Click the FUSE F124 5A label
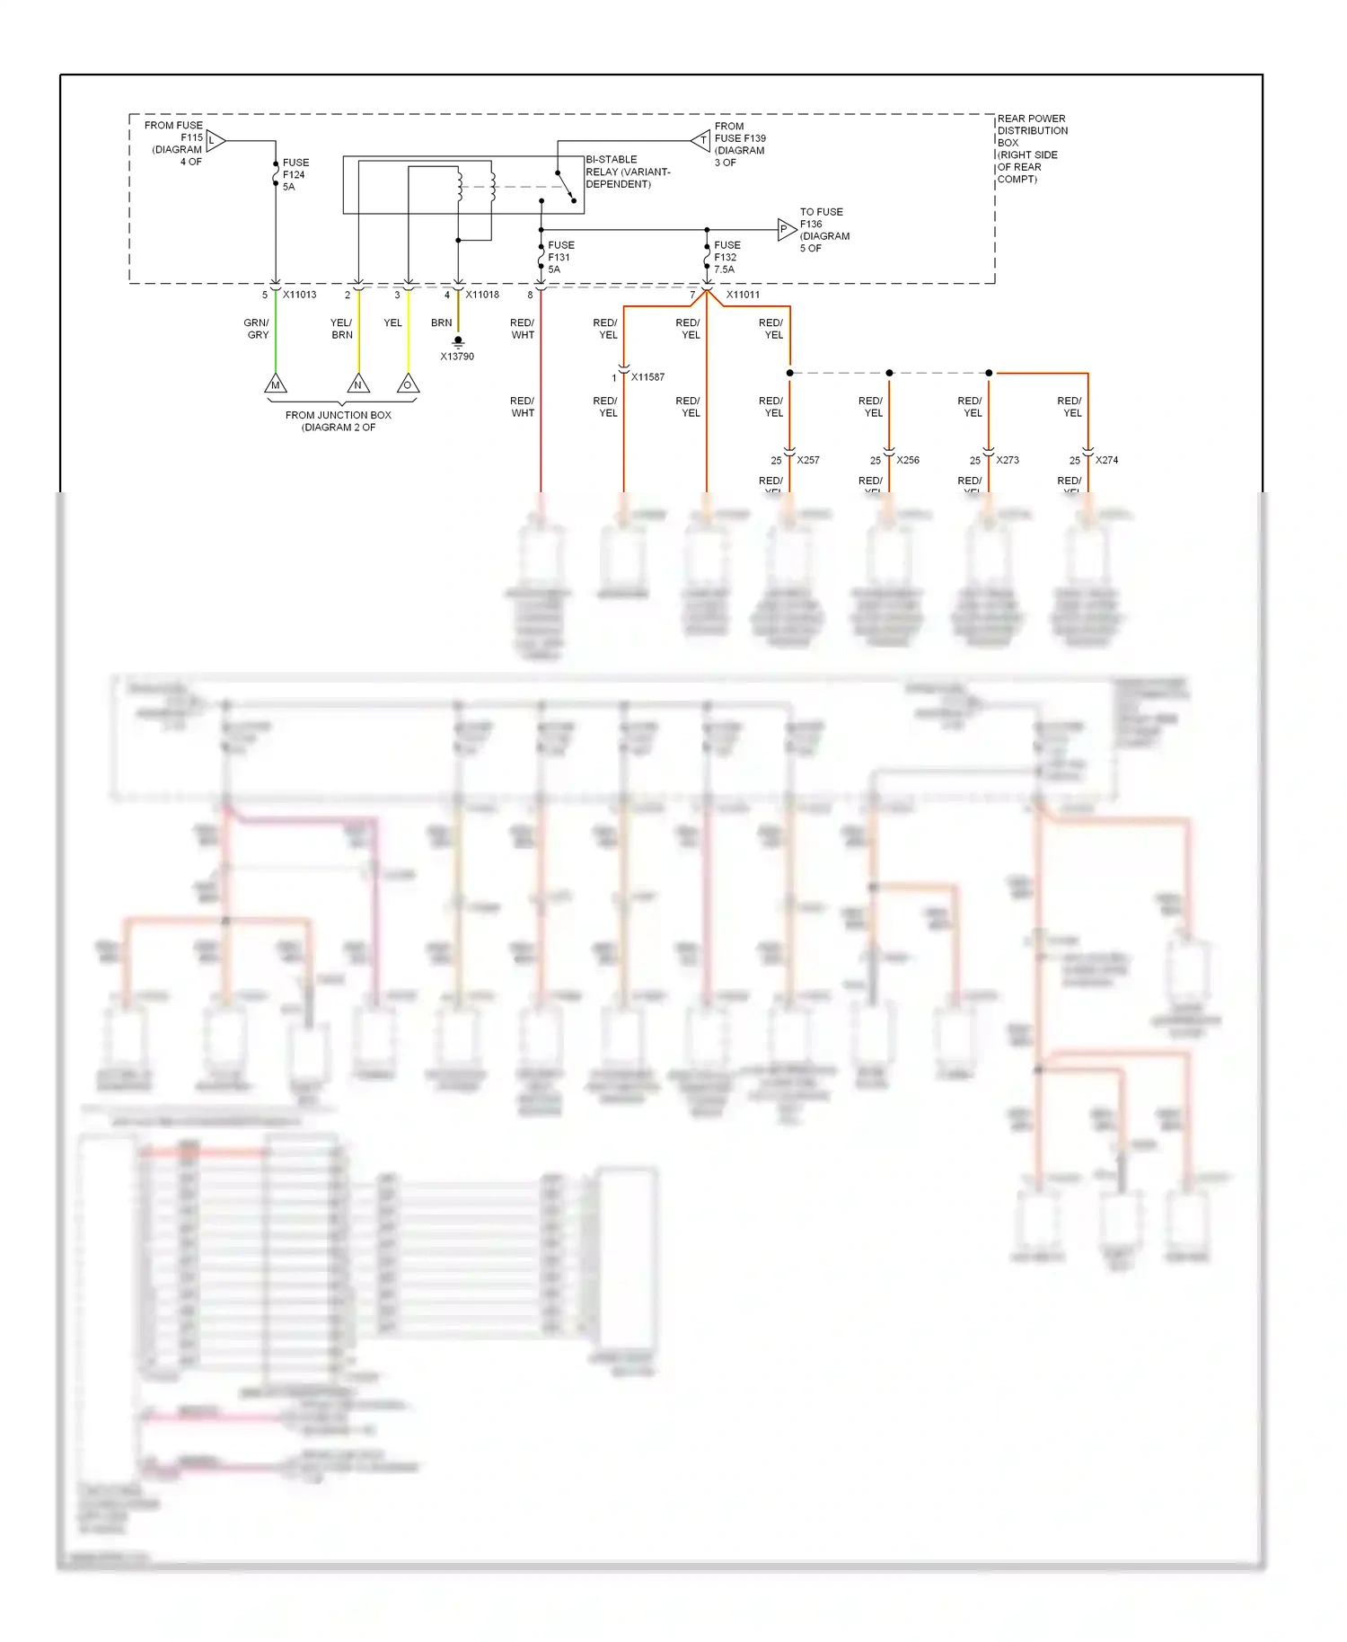click(x=295, y=175)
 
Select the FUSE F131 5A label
click(x=560, y=257)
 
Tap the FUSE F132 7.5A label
click(x=726, y=257)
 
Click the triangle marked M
click(x=276, y=384)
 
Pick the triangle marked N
click(x=358, y=384)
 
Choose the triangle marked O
click(x=408, y=384)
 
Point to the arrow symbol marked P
click(x=786, y=230)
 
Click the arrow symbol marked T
click(x=701, y=140)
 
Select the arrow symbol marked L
click(x=215, y=140)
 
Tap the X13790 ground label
click(x=457, y=357)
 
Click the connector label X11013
click(x=300, y=295)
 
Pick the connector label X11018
click(x=482, y=295)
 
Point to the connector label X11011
click(x=743, y=295)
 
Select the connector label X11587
click(x=647, y=377)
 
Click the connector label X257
click(x=808, y=460)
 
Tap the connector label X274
click(x=1106, y=460)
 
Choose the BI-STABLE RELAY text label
click(x=628, y=172)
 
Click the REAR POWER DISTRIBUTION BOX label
click(x=1032, y=148)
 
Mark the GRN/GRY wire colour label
click(x=257, y=329)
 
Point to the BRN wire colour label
click(x=441, y=322)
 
